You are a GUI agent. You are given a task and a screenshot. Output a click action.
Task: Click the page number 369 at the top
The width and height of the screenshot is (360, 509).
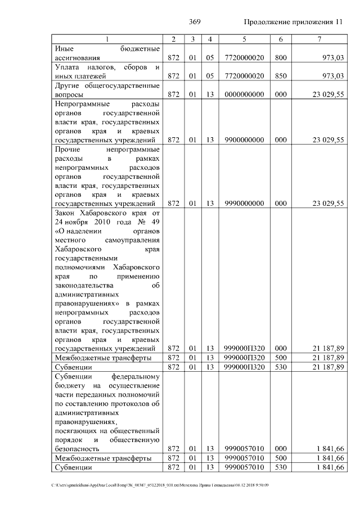195,22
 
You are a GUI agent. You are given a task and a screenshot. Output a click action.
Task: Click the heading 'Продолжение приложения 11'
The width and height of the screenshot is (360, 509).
292,22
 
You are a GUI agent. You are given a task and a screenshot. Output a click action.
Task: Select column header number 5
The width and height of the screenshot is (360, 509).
244,39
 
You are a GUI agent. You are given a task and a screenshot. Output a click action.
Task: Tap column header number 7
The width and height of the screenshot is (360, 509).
319,39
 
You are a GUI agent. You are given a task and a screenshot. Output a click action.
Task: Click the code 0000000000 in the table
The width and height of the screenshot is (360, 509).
244,94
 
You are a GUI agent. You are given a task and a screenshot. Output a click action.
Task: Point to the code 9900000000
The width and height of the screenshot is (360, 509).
244,140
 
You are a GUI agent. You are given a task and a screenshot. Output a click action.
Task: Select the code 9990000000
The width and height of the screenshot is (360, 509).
244,204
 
